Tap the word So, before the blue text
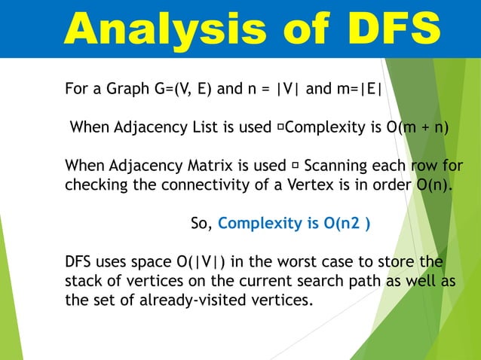[201, 224]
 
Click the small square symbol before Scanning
[295, 165]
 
